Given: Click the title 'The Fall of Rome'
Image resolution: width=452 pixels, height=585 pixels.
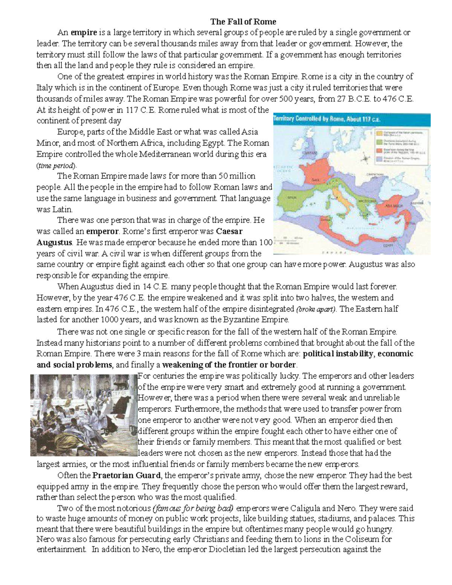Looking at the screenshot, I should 243,21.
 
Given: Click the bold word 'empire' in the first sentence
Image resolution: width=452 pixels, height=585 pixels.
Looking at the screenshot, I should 84,32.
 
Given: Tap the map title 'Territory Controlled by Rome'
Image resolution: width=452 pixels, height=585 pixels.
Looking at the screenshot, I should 327,119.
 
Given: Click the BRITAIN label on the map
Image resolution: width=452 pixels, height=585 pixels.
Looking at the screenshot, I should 311,154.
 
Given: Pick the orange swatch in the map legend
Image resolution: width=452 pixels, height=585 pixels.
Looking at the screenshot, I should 378,133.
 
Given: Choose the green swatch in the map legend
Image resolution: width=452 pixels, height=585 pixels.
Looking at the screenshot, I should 378,142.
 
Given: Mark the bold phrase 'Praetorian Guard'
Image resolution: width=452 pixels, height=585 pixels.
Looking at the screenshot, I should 127,475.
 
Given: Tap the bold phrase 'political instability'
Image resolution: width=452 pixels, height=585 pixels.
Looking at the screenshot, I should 338,354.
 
